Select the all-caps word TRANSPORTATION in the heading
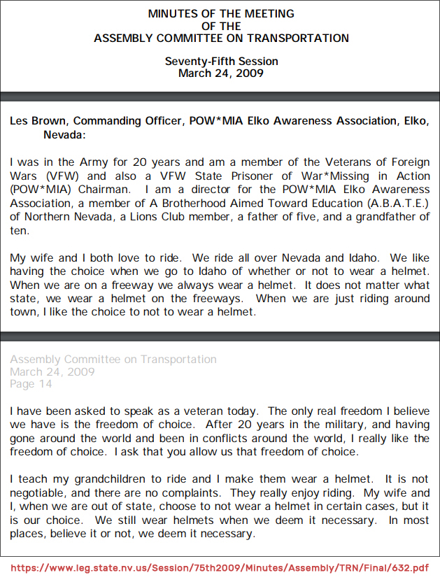[297, 38]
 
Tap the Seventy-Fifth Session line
[221, 62]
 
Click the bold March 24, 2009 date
[221, 73]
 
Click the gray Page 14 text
[31, 383]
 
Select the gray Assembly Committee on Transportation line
[113, 359]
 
